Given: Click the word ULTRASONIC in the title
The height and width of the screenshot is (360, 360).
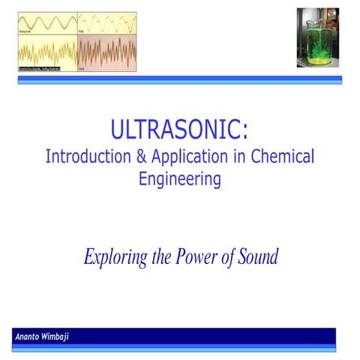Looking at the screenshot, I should [174, 129].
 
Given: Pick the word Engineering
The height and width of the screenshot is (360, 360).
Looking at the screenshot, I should [180, 180].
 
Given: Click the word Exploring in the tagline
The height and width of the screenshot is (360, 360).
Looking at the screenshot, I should [114, 257].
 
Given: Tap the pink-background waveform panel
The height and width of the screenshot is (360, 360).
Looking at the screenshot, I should [106, 54].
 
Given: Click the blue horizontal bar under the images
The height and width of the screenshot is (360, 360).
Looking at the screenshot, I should [180, 79].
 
